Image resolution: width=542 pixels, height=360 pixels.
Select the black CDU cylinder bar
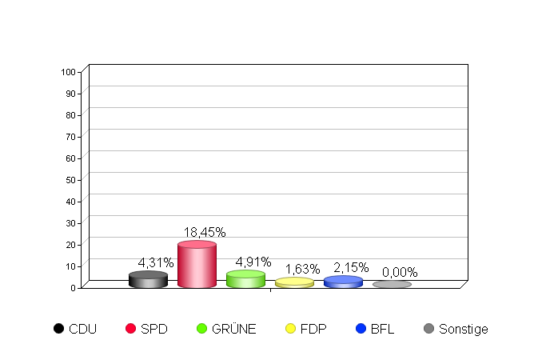(148, 279)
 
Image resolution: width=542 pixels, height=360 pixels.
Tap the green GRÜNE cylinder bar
(245, 279)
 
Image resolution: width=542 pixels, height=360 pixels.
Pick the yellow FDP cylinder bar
(294, 282)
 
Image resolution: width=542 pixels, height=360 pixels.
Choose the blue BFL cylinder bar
(343, 282)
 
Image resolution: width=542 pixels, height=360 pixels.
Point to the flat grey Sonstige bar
(392, 284)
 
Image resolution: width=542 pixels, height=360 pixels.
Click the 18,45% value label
(205, 232)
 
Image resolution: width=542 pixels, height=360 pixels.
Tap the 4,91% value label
(253, 262)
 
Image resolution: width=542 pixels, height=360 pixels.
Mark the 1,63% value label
(302, 269)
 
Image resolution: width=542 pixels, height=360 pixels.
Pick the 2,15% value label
(350, 267)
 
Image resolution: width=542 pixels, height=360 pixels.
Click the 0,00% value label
(400, 272)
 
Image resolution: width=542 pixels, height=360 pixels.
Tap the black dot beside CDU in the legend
(58, 329)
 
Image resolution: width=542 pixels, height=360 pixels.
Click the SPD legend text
(154, 329)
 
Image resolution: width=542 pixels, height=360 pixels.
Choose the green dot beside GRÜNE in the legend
(201, 329)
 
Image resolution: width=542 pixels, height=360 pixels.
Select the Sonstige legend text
(463, 329)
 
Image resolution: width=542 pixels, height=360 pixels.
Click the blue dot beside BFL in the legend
(361, 329)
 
